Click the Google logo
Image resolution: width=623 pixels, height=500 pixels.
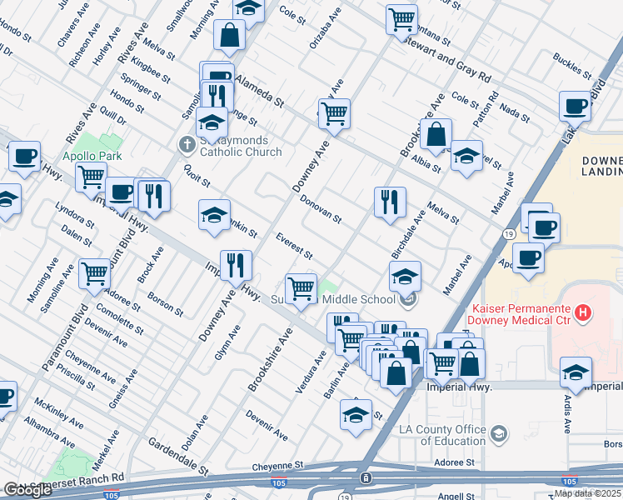click(x=27, y=490)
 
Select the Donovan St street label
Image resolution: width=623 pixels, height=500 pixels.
click(x=321, y=210)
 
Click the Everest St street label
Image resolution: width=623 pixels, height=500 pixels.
click(x=294, y=247)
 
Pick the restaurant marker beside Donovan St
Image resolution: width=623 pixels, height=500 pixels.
click(x=389, y=202)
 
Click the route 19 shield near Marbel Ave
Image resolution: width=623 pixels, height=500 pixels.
click(x=507, y=235)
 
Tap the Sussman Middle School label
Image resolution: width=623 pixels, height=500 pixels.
click(x=333, y=300)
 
